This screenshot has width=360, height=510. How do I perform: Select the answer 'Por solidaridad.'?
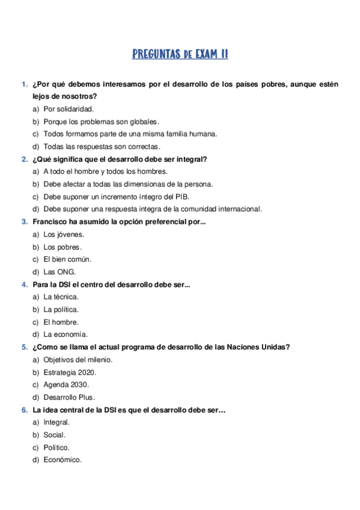pyautogui.click(x=69, y=109)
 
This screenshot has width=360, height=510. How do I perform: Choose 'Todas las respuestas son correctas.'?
pyautogui.click(x=102, y=146)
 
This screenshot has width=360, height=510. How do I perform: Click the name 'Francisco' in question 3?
pyautogui.click(x=50, y=221)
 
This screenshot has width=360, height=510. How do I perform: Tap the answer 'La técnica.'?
pyautogui.click(x=61, y=296)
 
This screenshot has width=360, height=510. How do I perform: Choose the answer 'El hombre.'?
pyautogui.click(x=61, y=322)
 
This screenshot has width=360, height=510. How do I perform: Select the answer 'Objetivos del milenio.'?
pyautogui.click(x=78, y=359)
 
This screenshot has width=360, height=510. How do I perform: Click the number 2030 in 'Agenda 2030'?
pyautogui.click(x=79, y=384)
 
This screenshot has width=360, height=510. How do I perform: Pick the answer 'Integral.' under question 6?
pyautogui.click(x=56, y=422)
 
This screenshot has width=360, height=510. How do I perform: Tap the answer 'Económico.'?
pyautogui.click(x=62, y=459)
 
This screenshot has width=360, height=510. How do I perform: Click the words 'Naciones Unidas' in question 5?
pyautogui.click(x=259, y=346)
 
